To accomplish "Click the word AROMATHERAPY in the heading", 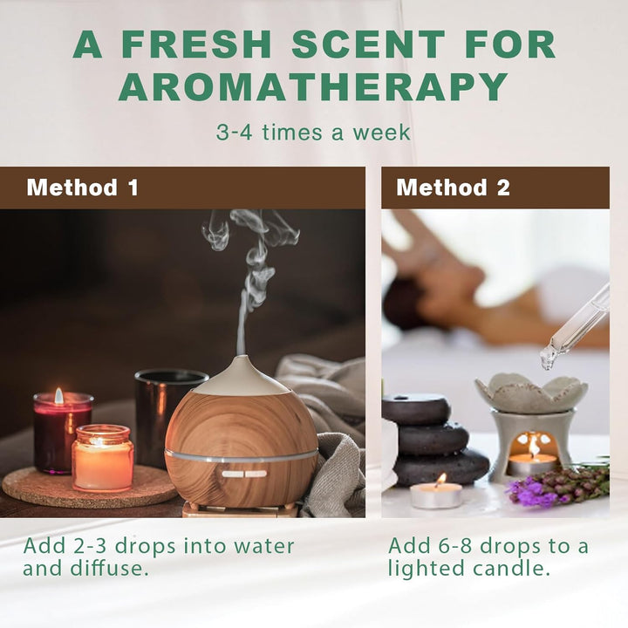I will coord(313,86).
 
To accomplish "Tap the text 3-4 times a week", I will coord(313,133).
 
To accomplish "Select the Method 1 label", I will coord(82,188).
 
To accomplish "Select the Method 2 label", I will coord(453,188).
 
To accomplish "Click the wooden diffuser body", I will coord(241,445).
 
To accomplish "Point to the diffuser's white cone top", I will coord(241,375).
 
